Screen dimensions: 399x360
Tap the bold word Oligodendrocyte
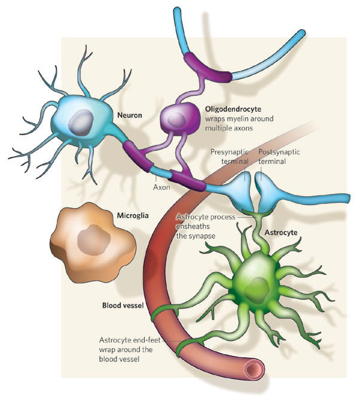click(230, 109)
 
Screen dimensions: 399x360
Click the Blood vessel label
click(121, 304)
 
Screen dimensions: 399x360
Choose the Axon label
click(161, 187)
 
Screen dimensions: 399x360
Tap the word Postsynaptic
click(279, 152)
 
